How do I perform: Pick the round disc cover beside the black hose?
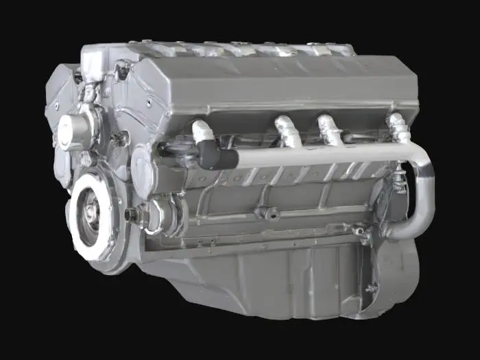(x=143, y=171)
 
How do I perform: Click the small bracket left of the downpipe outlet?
(x=362, y=232)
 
